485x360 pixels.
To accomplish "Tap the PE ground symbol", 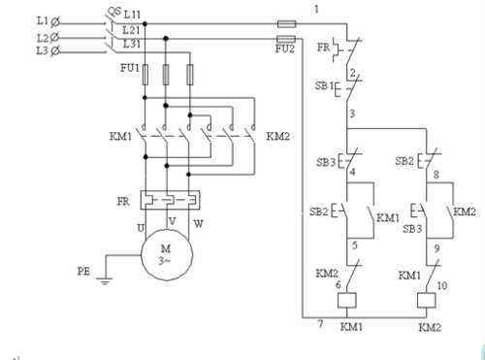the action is [105, 280].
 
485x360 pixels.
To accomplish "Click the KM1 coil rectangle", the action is [347, 300].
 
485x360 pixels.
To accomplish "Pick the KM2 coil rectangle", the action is [427, 300].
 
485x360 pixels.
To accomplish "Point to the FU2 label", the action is [285, 49].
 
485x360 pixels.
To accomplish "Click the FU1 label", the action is [130, 68].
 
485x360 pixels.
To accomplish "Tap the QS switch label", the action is [113, 12].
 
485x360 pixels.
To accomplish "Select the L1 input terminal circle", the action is [55, 22].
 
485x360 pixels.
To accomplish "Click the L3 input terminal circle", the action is [55, 50].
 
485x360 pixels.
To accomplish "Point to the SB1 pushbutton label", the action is [324, 86].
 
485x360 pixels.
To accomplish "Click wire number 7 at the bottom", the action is [320, 323].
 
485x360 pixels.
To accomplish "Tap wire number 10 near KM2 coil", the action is [442, 285].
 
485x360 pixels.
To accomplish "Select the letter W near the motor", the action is [198, 223].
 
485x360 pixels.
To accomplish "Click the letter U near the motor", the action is [141, 228].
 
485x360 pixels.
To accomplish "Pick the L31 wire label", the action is [132, 43].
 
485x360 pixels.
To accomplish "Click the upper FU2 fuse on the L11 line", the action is [287, 23].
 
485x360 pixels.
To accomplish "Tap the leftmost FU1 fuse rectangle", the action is [145, 75].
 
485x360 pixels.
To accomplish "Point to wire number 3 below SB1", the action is [352, 114].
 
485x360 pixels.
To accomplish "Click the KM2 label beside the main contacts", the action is [277, 136].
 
